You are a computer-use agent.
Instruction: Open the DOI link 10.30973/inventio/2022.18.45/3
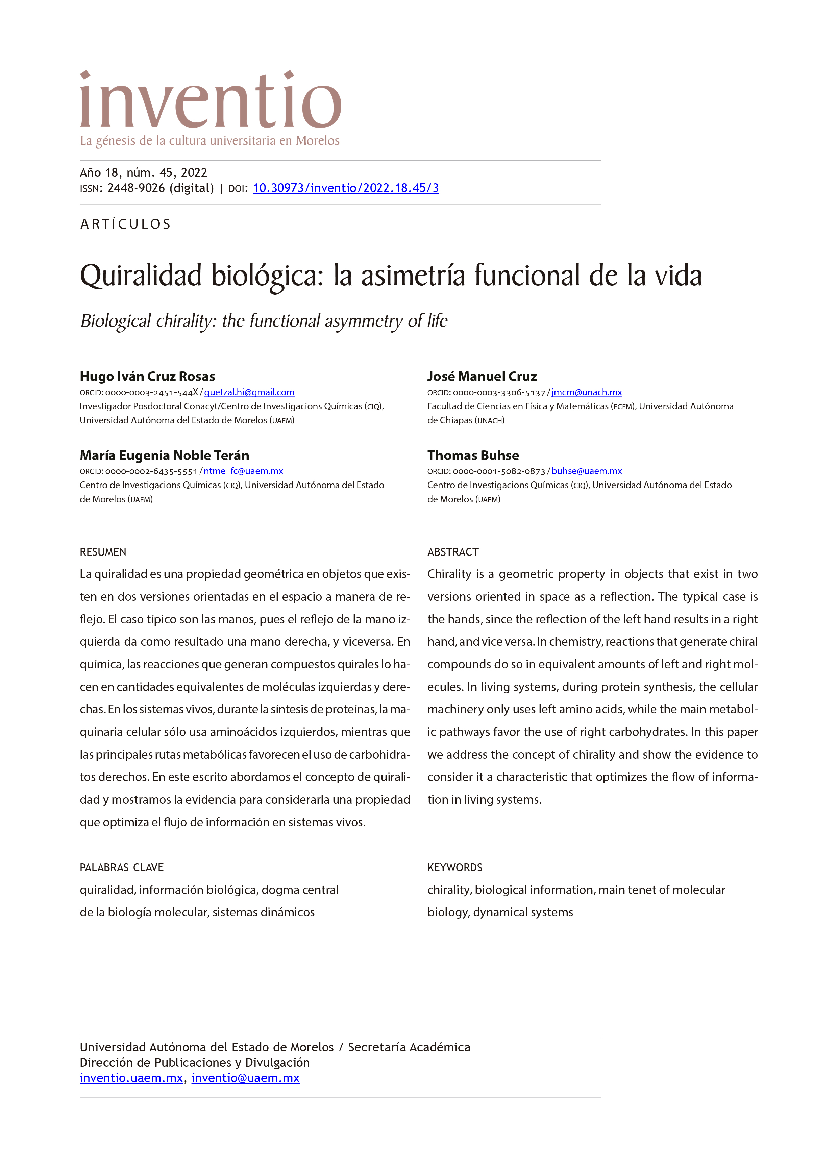click(346, 188)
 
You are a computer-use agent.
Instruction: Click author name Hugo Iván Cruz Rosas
click(147, 376)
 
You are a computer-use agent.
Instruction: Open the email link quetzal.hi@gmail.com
click(249, 392)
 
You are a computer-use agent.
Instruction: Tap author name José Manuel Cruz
click(482, 376)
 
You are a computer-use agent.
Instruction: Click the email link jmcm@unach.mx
click(586, 392)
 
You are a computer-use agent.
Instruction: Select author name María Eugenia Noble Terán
click(164, 455)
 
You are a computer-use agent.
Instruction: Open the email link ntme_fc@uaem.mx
click(243, 471)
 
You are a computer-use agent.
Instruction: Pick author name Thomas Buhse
click(473, 455)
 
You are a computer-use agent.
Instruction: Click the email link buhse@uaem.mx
click(586, 471)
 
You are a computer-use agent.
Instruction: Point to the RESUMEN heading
click(103, 552)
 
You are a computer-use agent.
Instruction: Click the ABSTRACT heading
click(453, 552)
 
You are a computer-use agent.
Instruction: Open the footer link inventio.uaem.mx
click(131, 1078)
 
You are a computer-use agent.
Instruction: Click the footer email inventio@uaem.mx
click(245, 1078)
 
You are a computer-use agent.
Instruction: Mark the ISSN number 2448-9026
click(136, 188)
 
